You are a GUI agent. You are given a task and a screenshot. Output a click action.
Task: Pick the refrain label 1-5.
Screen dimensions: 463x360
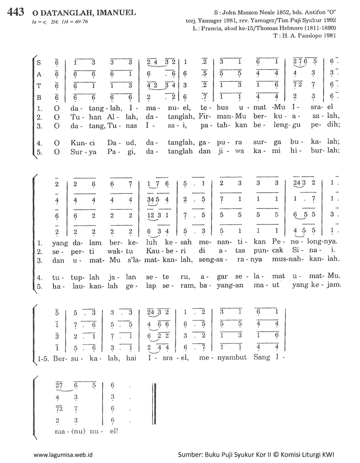(x=45, y=361)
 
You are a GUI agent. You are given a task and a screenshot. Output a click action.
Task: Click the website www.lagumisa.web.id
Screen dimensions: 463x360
(x=64, y=455)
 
